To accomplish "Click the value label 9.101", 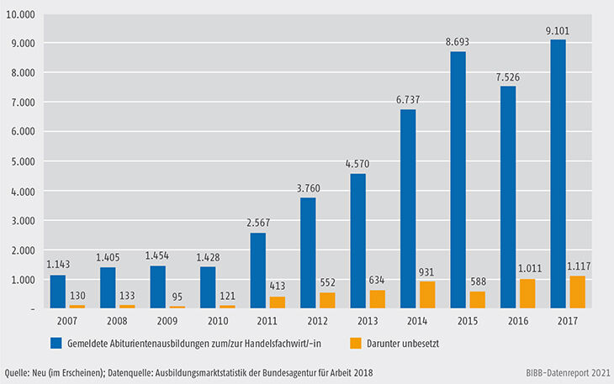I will [558, 31].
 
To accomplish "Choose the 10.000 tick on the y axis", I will [21, 15].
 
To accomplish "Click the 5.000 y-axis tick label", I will [24, 161].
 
